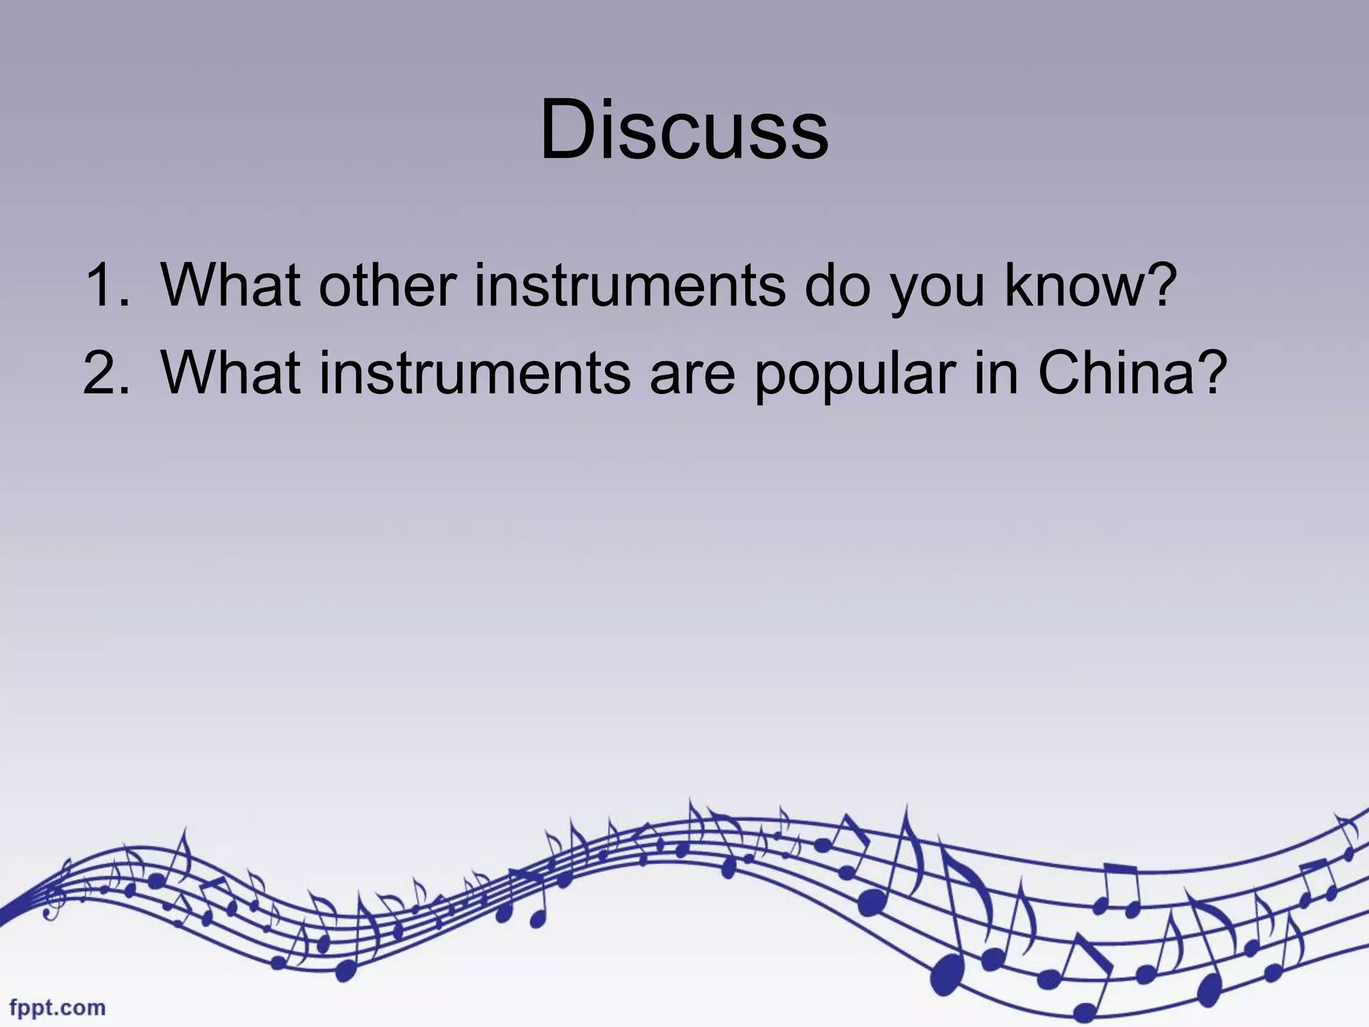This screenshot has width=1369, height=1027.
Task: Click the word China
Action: coord(1115,372)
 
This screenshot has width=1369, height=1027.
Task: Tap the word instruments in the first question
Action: coord(630,286)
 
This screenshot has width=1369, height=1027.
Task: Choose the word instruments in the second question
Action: coord(475,372)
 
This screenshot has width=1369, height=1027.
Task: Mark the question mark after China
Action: coord(1211,372)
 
